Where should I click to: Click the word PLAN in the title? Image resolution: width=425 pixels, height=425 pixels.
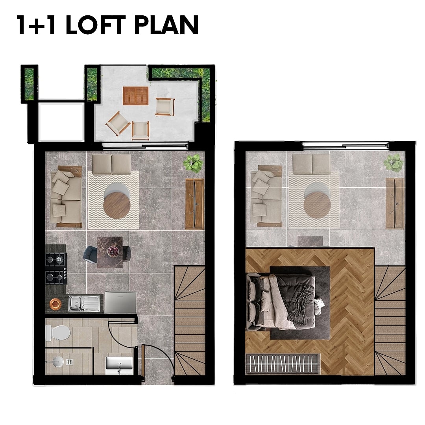166,25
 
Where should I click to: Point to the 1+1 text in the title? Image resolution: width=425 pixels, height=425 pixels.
37,25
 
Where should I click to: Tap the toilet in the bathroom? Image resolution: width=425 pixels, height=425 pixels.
58,333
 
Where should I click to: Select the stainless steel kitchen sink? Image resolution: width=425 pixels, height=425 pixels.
84,303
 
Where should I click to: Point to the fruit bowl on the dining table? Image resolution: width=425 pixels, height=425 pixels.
113,251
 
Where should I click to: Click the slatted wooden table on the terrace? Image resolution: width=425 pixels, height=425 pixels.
135,96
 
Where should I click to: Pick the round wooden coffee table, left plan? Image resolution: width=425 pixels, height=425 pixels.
117,205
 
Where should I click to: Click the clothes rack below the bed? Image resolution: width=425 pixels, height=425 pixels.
283,364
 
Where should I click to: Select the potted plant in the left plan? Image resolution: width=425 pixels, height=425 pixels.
193,163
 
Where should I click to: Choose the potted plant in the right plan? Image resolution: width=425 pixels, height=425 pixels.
393,163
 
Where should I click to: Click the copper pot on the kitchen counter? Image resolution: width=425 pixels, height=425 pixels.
55,304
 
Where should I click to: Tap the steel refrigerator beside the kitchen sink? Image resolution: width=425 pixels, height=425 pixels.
120,302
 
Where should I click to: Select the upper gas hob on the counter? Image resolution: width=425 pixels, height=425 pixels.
56,260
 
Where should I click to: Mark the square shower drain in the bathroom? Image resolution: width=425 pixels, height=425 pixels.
69,362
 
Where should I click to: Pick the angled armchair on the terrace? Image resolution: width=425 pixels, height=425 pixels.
118,123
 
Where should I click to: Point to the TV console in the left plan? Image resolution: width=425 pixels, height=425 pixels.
194,204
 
